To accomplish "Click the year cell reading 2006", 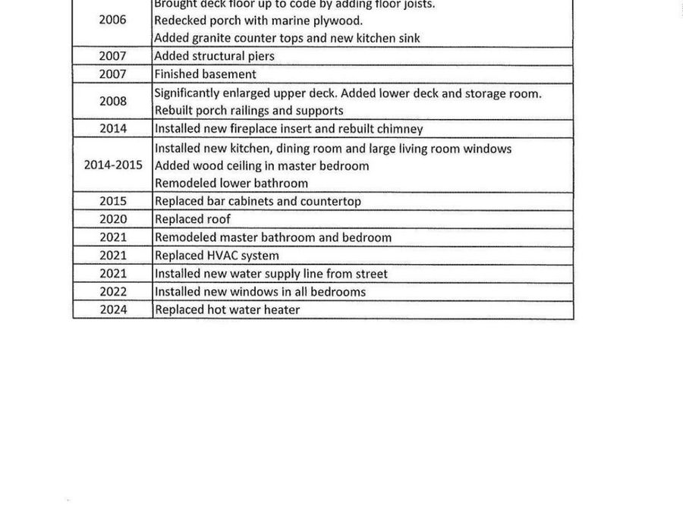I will click(x=112, y=20).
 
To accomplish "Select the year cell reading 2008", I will click(x=112, y=101).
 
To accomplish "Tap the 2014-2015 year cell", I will click(x=112, y=165).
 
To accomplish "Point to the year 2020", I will click(x=112, y=219).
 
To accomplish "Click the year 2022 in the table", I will click(x=112, y=291).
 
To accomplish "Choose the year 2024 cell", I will click(x=112, y=309).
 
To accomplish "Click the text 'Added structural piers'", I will click(x=214, y=55).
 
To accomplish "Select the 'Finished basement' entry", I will click(x=205, y=74).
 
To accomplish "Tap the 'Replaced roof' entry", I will click(x=192, y=219).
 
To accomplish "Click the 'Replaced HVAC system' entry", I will click(x=216, y=256).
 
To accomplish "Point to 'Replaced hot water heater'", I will click(x=227, y=309).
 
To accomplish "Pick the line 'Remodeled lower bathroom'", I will click(x=231, y=183).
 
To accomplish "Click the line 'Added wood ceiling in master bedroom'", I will click(x=261, y=165).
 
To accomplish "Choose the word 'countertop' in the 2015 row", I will click(x=331, y=201).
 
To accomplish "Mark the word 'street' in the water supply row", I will click(x=370, y=274).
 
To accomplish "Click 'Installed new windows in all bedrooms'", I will click(x=260, y=291).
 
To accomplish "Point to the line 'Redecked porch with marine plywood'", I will click(x=258, y=20).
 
